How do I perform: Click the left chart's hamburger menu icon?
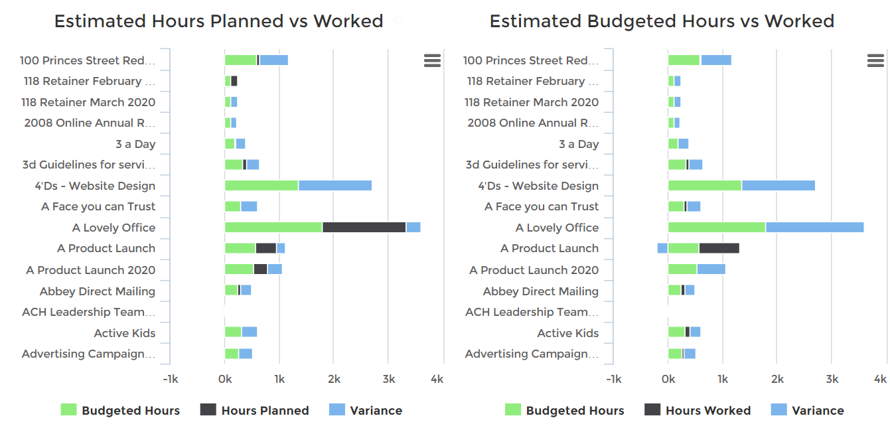[432, 61]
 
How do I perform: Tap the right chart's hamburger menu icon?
[875, 61]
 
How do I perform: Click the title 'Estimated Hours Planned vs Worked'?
[218, 21]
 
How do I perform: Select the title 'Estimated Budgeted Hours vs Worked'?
[662, 21]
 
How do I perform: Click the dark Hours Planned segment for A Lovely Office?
[364, 228]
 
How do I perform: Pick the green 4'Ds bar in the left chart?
[261, 186]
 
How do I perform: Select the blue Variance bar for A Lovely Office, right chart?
[814, 228]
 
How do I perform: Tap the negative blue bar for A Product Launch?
[662, 248]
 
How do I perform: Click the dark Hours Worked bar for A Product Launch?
[719, 248]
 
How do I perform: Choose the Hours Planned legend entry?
[255, 411]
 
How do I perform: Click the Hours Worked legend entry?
[698, 411]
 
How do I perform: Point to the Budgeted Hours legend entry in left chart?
[120, 411]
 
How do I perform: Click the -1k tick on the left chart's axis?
[171, 380]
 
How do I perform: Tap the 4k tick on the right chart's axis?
[880, 380]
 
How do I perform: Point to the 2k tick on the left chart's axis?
[334, 380]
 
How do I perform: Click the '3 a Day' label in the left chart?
[135, 144]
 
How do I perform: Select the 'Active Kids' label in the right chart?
[567, 333]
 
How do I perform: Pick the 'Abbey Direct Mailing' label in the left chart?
[97, 291]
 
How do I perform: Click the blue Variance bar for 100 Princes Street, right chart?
[716, 60]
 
